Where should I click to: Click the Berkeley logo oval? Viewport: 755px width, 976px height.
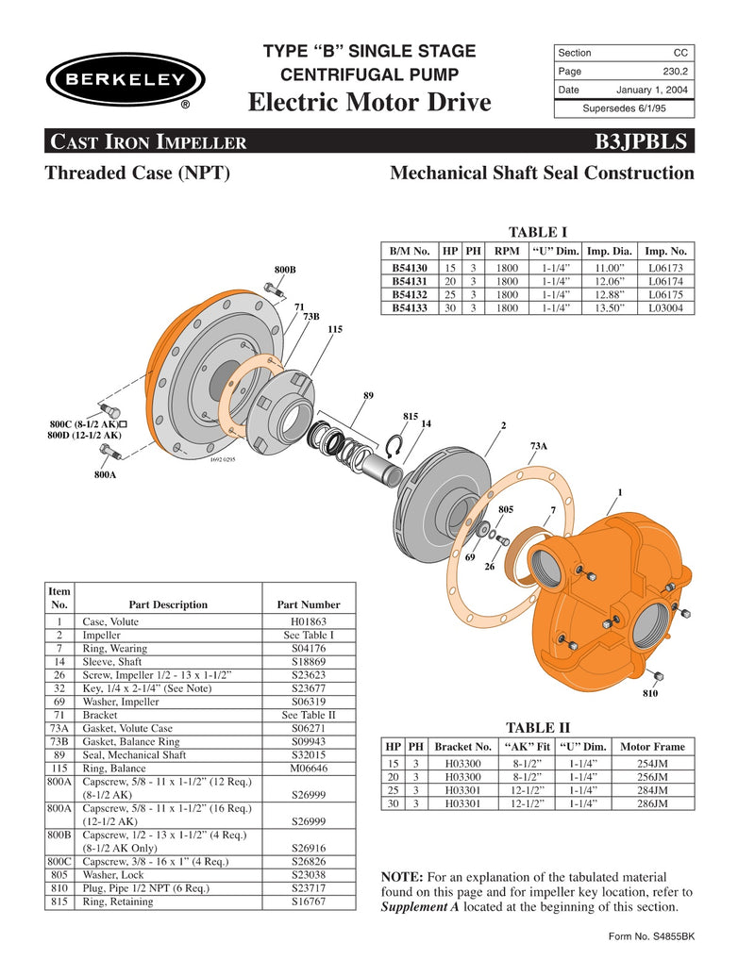(120, 79)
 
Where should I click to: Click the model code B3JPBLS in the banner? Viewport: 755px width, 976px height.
(642, 141)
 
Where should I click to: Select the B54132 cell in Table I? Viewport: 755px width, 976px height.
(410, 295)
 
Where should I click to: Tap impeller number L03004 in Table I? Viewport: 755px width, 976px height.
(666, 307)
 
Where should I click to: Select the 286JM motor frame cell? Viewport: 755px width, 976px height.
(652, 803)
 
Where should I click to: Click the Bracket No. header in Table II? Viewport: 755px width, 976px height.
(462, 746)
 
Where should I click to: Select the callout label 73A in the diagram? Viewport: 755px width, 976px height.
(539, 445)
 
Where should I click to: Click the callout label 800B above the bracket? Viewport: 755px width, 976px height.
(285, 270)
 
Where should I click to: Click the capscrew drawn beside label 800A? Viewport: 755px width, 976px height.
(106, 455)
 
